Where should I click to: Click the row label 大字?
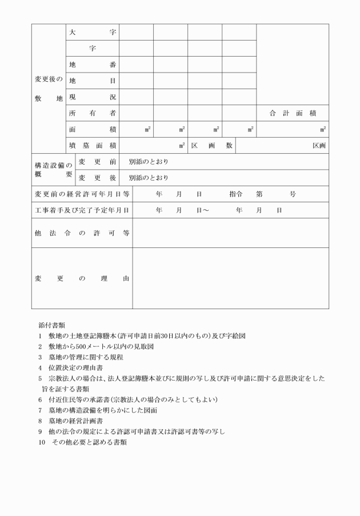coord(92,32)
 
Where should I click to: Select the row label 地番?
coord(92,65)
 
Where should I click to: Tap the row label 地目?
coord(92,81)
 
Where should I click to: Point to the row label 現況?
coord(92,97)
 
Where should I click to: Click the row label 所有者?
coord(92,113)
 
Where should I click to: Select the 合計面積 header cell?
coord(293,113)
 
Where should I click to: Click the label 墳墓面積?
coord(92,146)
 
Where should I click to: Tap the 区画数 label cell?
coord(211,146)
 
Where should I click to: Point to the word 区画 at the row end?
coord(319,146)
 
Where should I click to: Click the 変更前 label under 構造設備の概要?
coord(97,162)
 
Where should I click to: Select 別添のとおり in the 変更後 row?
coord(149,178)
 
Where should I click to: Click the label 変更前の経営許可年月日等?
coord(82,194)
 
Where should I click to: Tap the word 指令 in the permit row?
coord(237,194)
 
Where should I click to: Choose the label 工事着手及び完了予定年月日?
coord(82,210)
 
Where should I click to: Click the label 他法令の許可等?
coord(82,233)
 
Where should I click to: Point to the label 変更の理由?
coord(82,278)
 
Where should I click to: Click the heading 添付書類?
coord(51,325)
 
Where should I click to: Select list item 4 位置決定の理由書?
coord(71,367)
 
